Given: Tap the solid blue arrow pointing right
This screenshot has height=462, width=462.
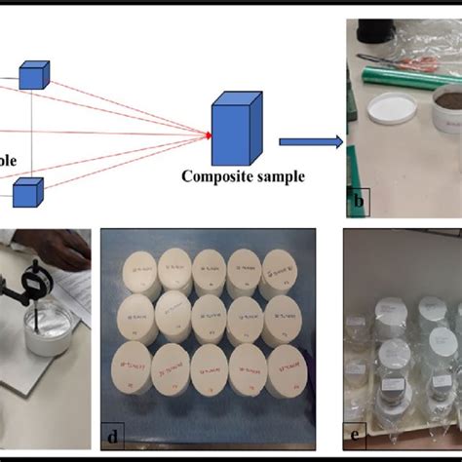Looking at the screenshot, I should pos(310,142).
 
